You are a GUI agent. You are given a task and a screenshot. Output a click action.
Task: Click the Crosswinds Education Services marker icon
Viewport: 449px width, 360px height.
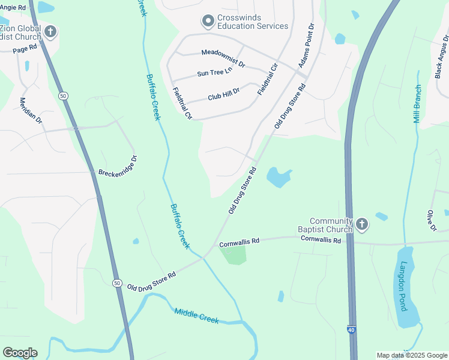coord(208,22)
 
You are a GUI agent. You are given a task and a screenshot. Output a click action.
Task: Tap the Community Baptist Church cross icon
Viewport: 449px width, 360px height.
coord(361,224)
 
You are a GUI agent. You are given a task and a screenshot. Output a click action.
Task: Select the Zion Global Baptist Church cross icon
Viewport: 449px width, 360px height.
coord(50,32)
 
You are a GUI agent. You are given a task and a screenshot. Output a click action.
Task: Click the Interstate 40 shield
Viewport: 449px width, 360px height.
coord(350,329)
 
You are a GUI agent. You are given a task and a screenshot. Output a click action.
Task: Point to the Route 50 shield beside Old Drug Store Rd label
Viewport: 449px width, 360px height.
coord(116,282)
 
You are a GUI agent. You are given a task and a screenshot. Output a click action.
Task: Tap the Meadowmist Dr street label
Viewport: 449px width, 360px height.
coord(223,58)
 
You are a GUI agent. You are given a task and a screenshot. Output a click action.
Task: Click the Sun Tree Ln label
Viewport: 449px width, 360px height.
coord(214,73)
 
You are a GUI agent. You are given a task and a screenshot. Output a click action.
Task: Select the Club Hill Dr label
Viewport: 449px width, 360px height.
coord(223,94)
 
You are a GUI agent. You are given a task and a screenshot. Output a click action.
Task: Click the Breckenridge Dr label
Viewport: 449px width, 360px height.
coord(118,166)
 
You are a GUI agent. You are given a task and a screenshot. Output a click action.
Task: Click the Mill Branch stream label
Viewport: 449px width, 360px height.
coord(417,103)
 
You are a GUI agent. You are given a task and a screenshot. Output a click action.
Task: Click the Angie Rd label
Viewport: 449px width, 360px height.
coord(13,7)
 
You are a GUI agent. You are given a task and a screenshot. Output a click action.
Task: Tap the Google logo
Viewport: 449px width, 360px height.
coord(20,352)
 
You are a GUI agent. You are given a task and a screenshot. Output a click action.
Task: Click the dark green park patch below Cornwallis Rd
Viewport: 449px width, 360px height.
coord(234,255)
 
